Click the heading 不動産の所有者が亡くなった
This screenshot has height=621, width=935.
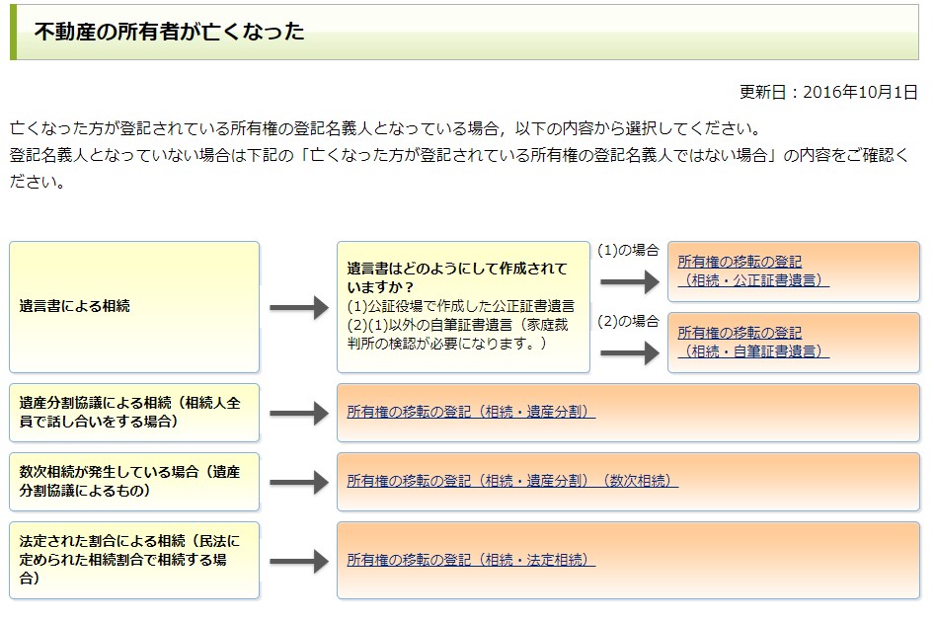[170, 32]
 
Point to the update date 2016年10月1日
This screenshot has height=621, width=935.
[860, 92]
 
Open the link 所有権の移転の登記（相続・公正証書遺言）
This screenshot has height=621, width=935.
[753, 271]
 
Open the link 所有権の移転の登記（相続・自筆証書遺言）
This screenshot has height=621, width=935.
[753, 342]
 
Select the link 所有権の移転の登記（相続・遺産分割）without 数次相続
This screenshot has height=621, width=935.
[471, 412]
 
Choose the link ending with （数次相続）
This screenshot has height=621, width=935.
[512, 481]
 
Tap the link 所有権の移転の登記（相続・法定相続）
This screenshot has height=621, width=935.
[471, 560]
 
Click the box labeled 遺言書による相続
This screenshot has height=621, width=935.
[134, 307]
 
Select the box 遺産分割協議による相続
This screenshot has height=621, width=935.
[134, 413]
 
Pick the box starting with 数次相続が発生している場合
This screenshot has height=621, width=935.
[134, 482]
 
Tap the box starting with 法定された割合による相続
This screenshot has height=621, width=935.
[134, 560]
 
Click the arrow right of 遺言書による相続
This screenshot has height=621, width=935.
[299, 308]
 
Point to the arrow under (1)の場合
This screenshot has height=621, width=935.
[630, 281]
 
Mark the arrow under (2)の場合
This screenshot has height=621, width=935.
[630, 353]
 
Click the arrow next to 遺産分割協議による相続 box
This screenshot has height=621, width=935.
[299, 413]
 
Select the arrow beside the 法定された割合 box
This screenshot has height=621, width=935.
[299, 561]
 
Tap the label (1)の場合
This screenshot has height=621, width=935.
[628, 250]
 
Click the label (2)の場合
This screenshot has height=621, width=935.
[628, 321]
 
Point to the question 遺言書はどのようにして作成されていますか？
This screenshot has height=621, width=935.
[457, 277]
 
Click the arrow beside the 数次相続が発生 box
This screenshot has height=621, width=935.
[299, 482]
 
